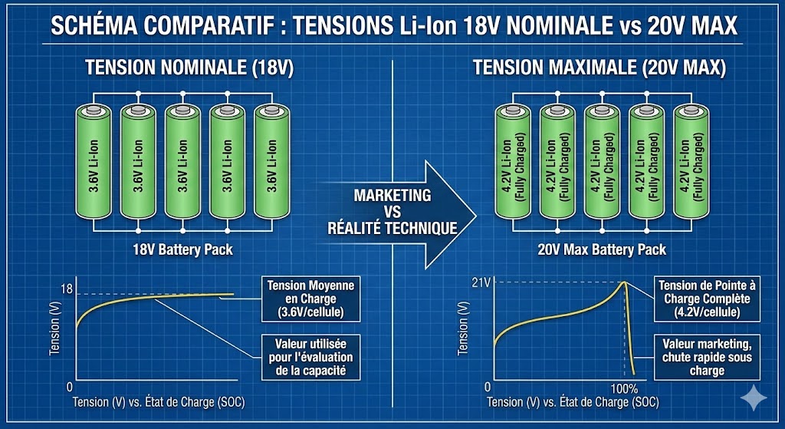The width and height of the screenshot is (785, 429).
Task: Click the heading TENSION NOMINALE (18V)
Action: [189, 67]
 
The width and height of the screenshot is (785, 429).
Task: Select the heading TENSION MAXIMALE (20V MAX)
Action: [599, 67]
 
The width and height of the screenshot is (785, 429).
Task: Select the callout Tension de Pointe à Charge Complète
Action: [702, 299]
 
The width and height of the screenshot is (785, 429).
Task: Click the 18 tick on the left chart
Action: [66, 289]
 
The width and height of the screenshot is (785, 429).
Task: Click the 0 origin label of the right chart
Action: [488, 387]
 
